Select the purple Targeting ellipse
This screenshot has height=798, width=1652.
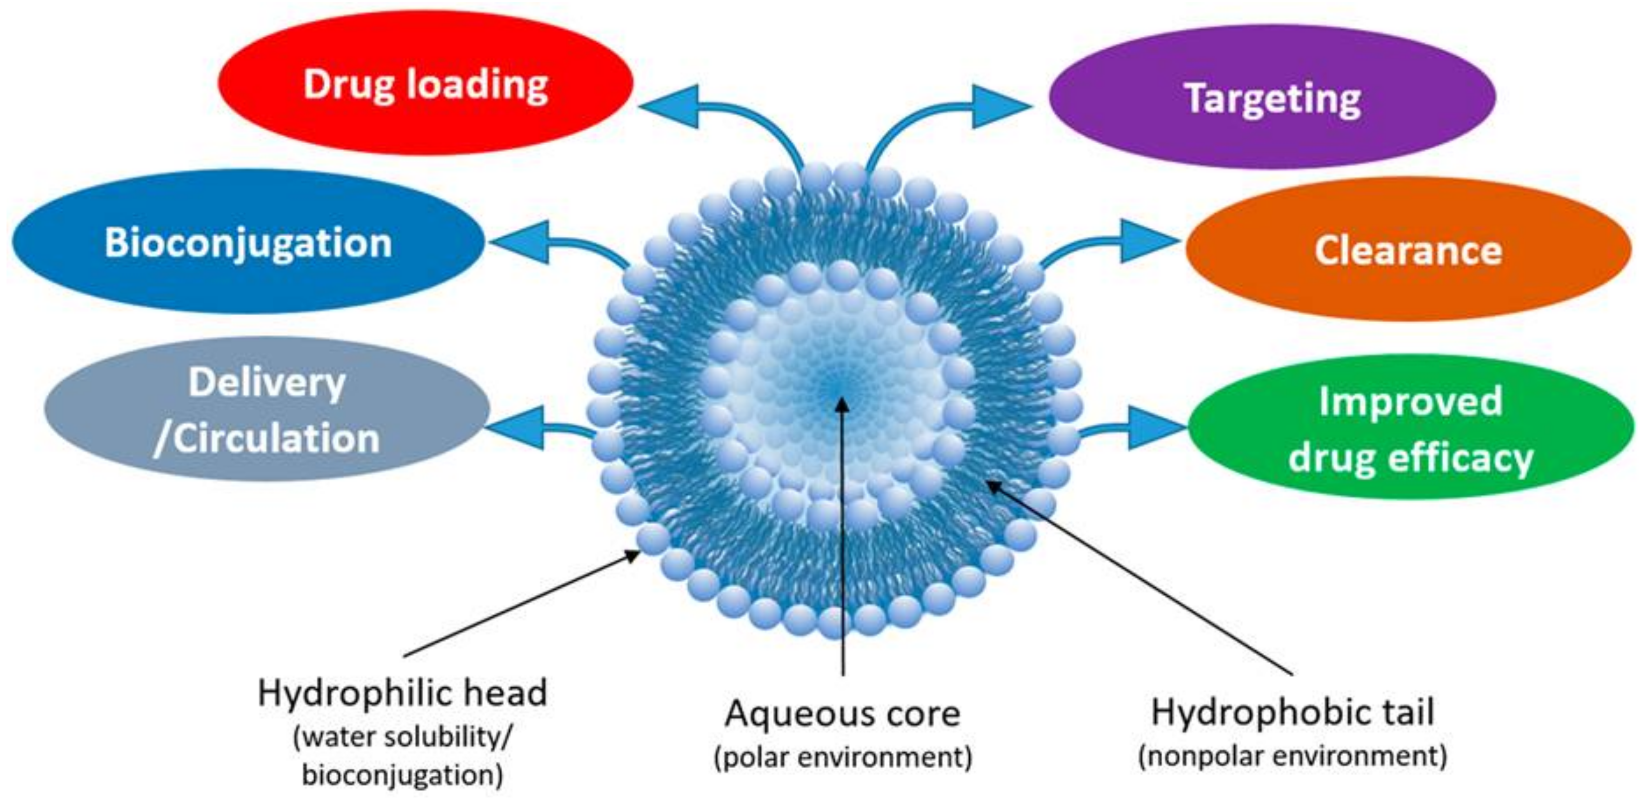pyautogui.click(x=1272, y=98)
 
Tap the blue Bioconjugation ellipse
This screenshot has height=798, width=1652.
pyautogui.click(x=248, y=242)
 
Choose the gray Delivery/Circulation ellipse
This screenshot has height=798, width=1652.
pyautogui.click(x=267, y=410)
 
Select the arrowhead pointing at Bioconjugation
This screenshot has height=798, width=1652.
pyautogui.click(x=520, y=242)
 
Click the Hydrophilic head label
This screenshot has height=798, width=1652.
pyautogui.click(x=402, y=693)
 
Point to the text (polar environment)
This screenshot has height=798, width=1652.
pyautogui.click(x=843, y=757)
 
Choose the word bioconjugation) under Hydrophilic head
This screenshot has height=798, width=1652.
pyautogui.click(x=402, y=775)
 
